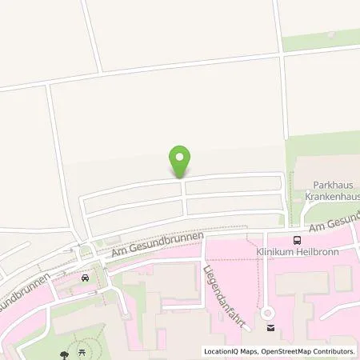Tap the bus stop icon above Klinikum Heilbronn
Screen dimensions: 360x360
point(298,238)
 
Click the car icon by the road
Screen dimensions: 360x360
point(85,278)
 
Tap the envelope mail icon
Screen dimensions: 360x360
point(270,327)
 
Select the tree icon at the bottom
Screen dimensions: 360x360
point(62,354)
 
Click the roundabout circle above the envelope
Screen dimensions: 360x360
point(270,314)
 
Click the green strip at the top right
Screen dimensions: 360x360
point(320,39)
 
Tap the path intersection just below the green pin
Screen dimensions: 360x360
point(182,181)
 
